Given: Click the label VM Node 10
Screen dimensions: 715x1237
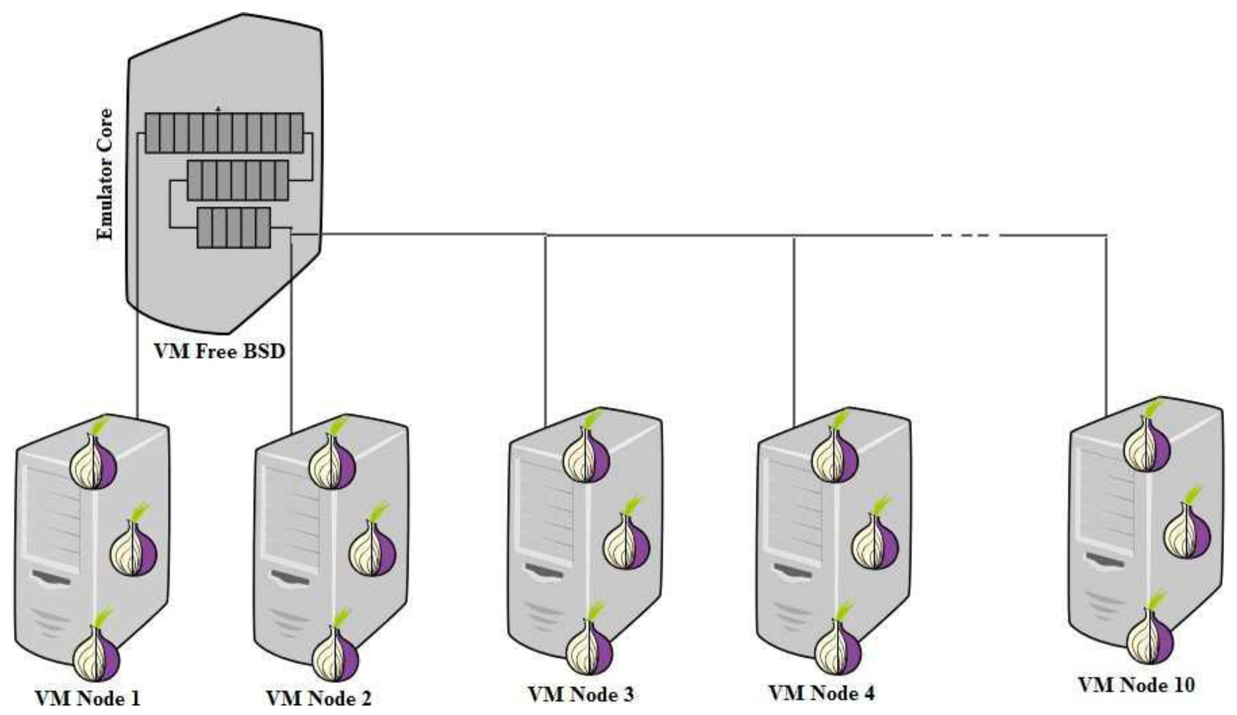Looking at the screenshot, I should click(1136, 685).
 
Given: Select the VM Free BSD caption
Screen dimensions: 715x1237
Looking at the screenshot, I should click(220, 351).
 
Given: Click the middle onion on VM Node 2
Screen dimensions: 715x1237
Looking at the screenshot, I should click(373, 552).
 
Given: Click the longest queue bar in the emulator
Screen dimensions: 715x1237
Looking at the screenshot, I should click(224, 133).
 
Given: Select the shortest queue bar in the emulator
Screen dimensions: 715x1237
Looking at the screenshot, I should click(234, 228).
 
